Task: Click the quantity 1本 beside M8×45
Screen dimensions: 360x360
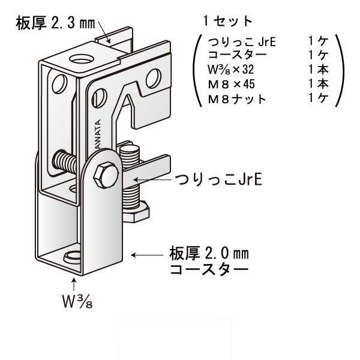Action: pyautogui.click(x=317, y=84)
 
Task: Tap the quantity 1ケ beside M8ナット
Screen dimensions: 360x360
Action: pyautogui.click(x=317, y=98)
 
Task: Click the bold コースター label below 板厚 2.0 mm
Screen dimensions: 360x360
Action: pyautogui.click(x=208, y=269)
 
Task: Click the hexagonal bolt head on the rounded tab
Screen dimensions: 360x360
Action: pyautogui.click(x=106, y=172)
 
